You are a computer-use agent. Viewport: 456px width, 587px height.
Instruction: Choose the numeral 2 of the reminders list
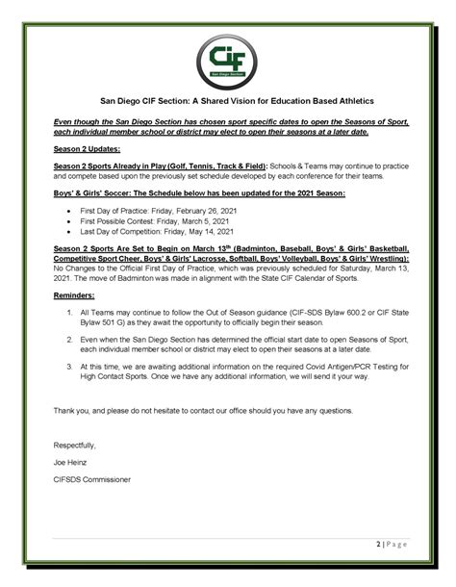70,341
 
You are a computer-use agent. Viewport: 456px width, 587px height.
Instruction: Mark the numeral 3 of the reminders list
70,368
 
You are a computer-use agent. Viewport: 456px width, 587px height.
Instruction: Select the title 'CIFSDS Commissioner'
91,478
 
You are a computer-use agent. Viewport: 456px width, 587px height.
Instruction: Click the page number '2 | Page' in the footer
393,545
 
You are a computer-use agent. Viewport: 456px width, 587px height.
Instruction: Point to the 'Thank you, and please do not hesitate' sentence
202,410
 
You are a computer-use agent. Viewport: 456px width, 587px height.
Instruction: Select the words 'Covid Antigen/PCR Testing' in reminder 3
345,368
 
